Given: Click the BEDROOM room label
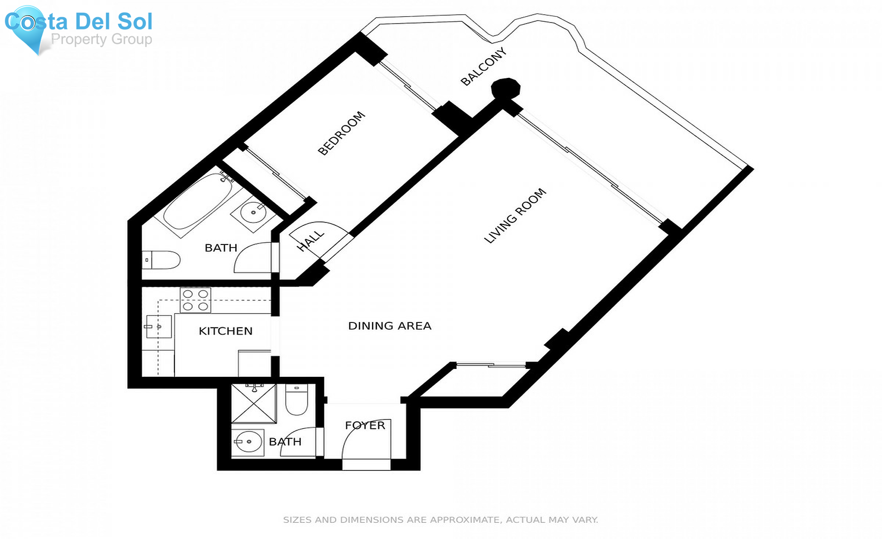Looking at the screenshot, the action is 342,133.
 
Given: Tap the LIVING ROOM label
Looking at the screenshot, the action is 515,216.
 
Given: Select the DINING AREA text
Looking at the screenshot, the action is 390,326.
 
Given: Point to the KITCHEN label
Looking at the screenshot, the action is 225,331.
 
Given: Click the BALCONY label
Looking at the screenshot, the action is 483,67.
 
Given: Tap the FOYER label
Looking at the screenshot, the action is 365,425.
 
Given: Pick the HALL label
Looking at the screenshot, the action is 311,241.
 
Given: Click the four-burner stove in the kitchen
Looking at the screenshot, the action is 196,300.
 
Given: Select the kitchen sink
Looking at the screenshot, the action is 159,327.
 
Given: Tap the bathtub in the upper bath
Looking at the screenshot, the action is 197,202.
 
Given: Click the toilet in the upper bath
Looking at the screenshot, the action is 161,260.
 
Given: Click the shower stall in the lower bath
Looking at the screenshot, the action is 254,403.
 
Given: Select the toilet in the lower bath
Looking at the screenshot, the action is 296,399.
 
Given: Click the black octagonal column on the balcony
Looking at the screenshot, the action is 506,89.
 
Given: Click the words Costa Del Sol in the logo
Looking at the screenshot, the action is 78,22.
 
